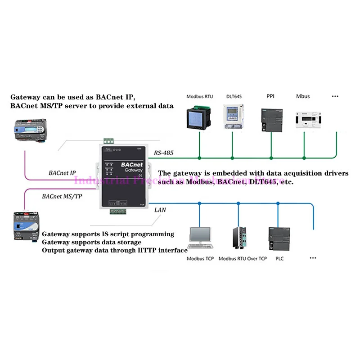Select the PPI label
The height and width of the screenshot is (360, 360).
[271, 96]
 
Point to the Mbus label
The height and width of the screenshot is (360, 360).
[303, 96]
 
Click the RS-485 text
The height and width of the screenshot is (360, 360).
[164, 153]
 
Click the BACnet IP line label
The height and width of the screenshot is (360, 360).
[63, 172]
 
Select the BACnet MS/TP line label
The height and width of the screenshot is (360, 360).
[62, 197]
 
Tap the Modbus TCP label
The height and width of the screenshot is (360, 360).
[201, 259]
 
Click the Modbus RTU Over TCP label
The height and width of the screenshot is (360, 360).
[242, 259]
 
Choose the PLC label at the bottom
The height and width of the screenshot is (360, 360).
[279, 259]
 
